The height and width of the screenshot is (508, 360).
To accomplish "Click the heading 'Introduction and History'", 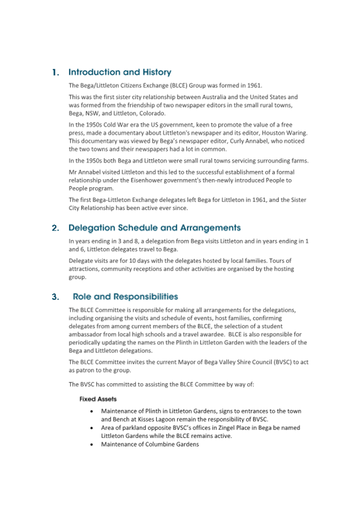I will [120, 72].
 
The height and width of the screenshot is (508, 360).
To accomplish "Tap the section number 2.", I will [55, 228].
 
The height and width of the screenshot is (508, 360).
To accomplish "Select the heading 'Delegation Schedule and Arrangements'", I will [155, 228].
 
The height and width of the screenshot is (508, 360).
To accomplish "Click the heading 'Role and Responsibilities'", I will [125, 296].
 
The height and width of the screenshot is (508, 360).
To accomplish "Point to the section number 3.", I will [55, 297].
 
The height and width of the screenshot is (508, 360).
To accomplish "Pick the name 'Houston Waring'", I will [285, 132].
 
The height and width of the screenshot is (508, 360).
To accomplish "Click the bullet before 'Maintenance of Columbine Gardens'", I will [93, 445].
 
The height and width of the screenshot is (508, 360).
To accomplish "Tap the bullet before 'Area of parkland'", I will [93, 428].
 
